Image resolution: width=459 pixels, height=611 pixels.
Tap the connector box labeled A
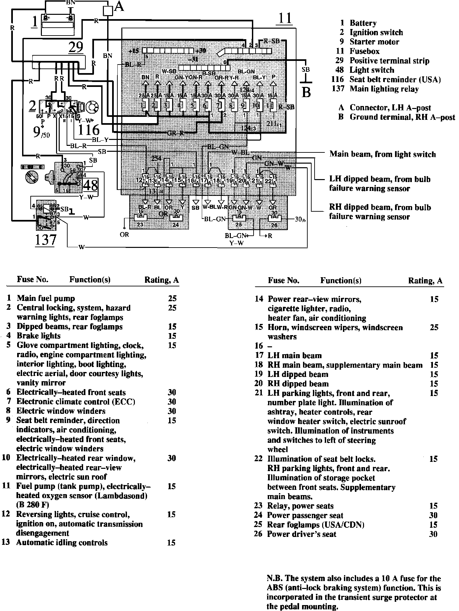click(108, 11)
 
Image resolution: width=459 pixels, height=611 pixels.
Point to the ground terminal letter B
click(306, 93)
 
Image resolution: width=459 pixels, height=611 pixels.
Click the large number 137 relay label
click(46, 240)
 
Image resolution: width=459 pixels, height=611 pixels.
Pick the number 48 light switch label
click(91, 185)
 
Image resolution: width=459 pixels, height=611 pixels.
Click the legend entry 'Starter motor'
click(374, 42)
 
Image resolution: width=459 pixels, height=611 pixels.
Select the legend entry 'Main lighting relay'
click(384, 89)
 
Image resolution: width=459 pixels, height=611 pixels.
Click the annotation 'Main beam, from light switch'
click(382, 154)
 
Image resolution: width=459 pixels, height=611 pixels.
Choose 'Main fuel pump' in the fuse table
click(46, 299)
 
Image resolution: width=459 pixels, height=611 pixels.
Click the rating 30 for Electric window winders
click(171, 411)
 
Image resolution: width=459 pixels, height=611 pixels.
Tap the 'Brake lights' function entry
click(39, 336)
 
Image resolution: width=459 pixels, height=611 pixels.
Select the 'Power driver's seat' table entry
click(301, 534)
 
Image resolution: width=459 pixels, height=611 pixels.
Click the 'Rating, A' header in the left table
click(162, 280)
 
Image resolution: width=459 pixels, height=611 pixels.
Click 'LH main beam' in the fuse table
click(294, 356)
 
